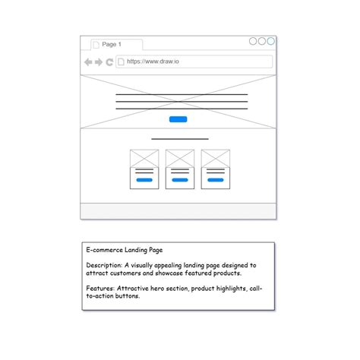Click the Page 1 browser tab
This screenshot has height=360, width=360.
(111, 45)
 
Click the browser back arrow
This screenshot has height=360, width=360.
(88, 62)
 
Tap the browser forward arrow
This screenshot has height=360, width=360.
(99, 62)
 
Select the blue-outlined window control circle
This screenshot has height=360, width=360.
(270, 42)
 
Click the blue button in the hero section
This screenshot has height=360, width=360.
(178, 119)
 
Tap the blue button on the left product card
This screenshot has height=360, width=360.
(144, 181)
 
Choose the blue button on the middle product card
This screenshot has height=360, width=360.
(180, 181)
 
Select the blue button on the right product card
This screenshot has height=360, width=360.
(216, 181)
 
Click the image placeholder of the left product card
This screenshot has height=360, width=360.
(144, 158)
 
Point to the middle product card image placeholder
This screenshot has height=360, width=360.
(180, 158)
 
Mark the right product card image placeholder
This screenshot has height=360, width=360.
(216, 158)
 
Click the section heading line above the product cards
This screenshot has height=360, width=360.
(180, 139)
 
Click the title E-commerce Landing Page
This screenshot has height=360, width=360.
(124, 249)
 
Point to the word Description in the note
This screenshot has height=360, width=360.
(102, 265)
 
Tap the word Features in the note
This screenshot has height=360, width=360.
(99, 289)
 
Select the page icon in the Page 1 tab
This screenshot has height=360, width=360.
(96, 45)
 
